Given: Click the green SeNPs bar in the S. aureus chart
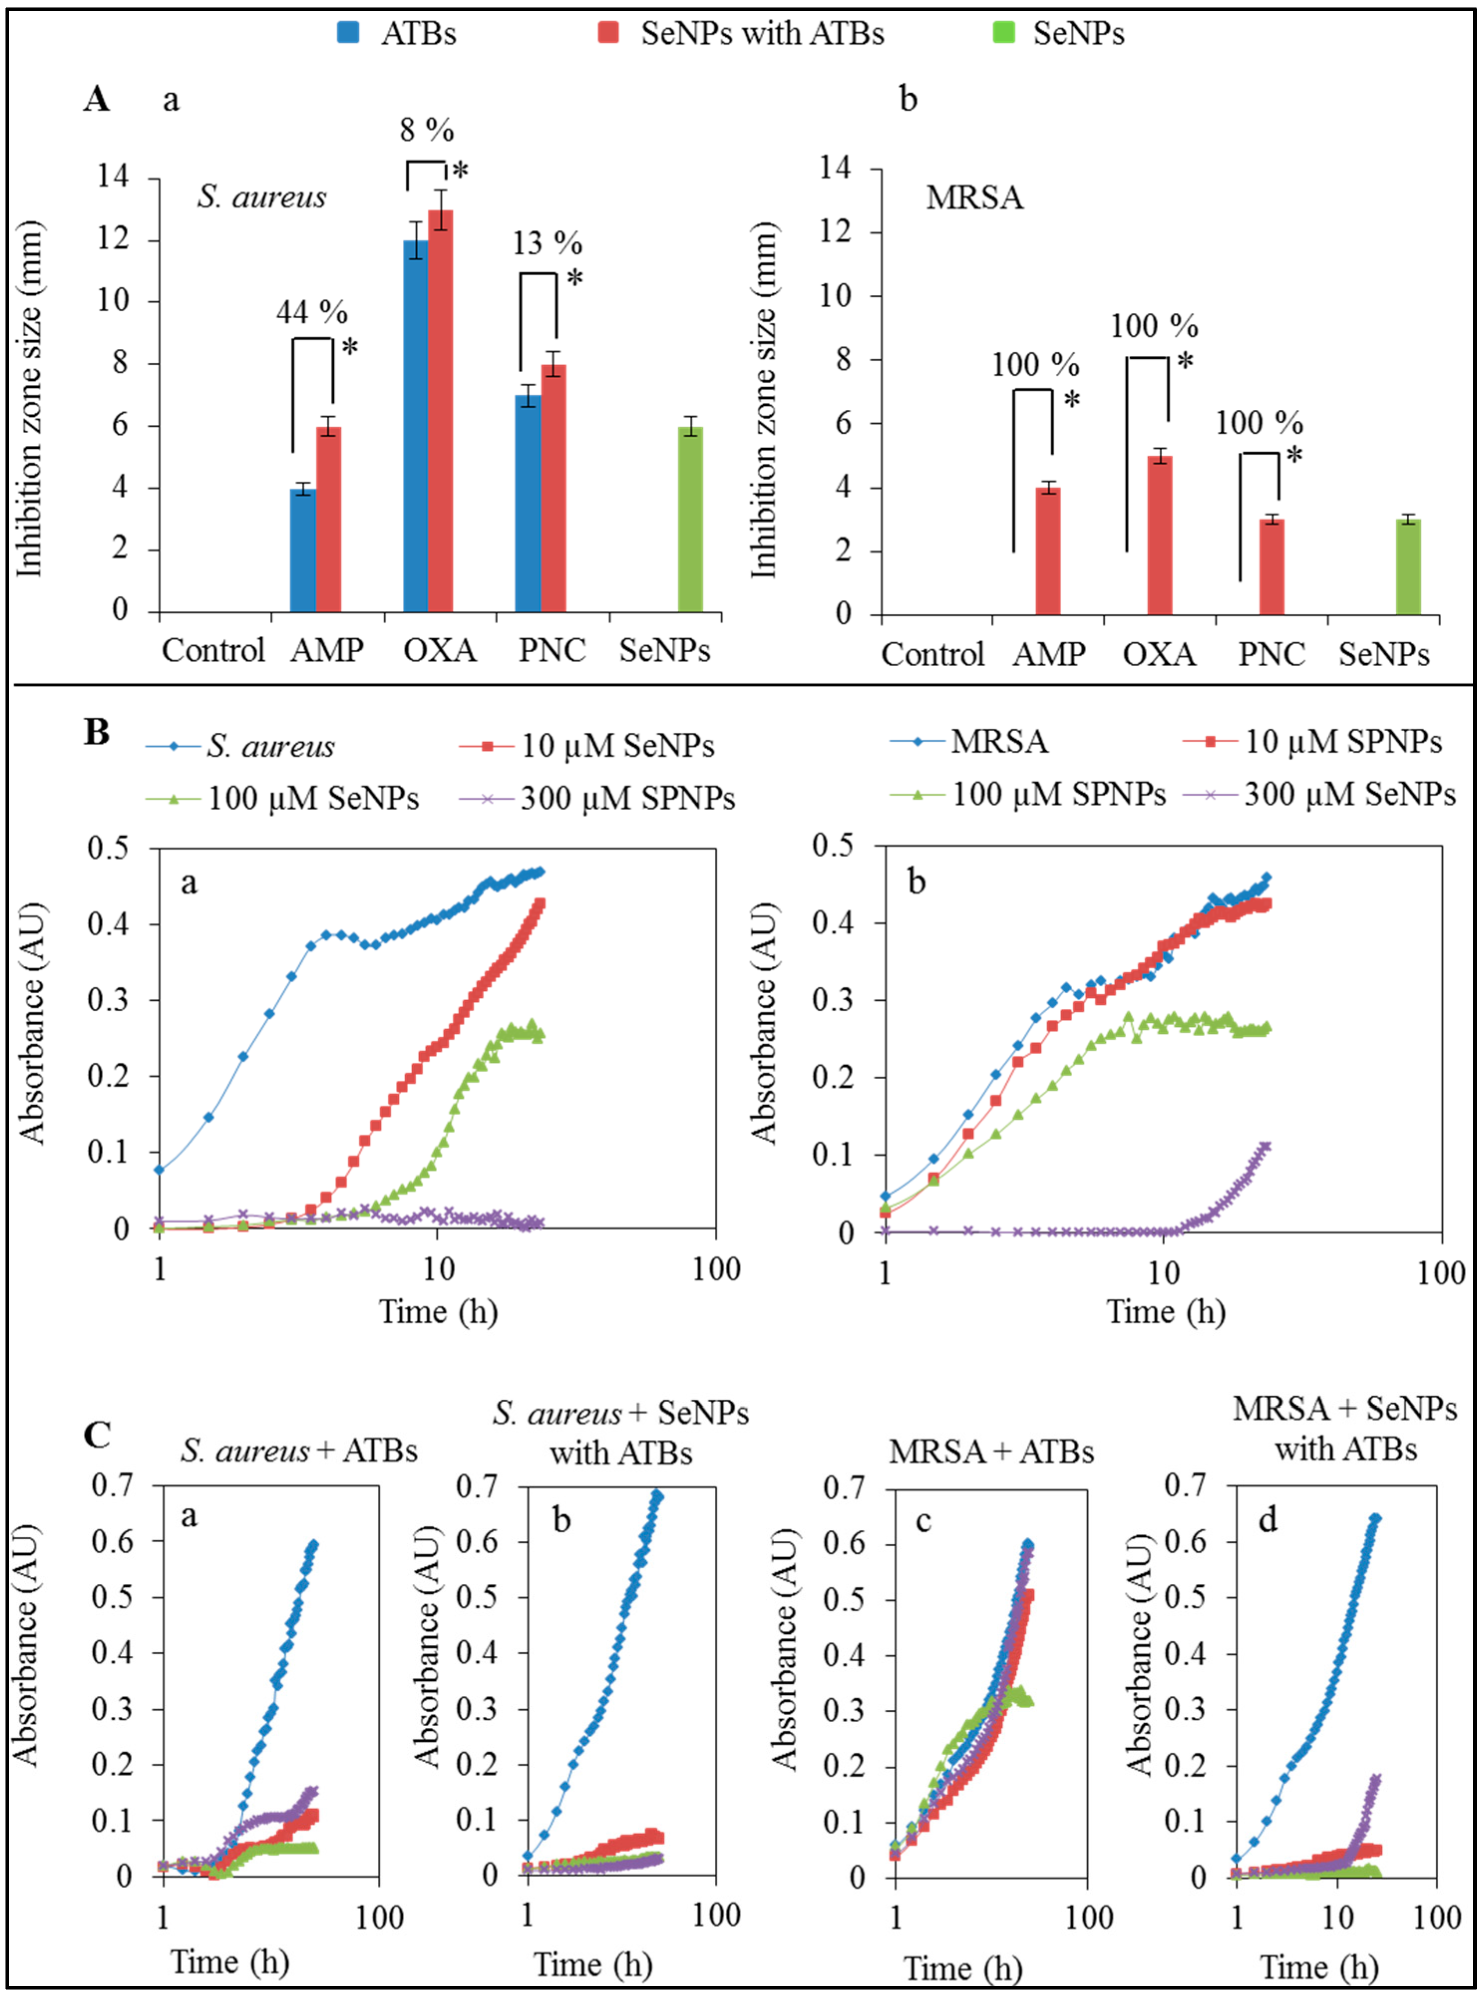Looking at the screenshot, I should (690, 520).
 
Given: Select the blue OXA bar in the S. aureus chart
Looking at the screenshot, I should (415, 426).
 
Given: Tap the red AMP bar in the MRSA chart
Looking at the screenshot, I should (1048, 551).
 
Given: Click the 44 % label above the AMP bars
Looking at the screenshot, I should (311, 312).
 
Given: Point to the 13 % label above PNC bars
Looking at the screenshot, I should (547, 243).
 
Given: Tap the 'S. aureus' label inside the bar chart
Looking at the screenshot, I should (262, 196).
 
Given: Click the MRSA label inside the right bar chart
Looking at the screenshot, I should (974, 196).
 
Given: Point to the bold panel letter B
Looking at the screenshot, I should (96, 732).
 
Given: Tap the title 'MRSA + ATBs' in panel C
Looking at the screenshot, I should (991, 1451).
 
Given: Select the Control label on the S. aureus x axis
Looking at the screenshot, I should (213, 650).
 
